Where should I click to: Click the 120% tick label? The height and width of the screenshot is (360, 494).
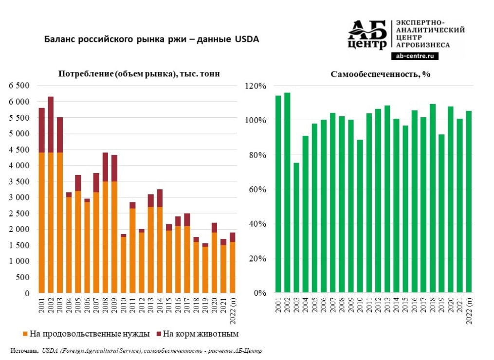pyautogui.click(x=257, y=86)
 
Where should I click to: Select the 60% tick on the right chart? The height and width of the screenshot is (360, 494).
pyautogui.click(x=258, y=190)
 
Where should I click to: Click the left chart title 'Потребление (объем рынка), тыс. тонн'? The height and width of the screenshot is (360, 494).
pyautogui.click(x=139, y=74)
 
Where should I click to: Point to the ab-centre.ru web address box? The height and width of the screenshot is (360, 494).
pyautogui.click(x=415, y=56)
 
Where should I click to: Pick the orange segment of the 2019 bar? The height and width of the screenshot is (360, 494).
pyautogui.click(x=205, y=270)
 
